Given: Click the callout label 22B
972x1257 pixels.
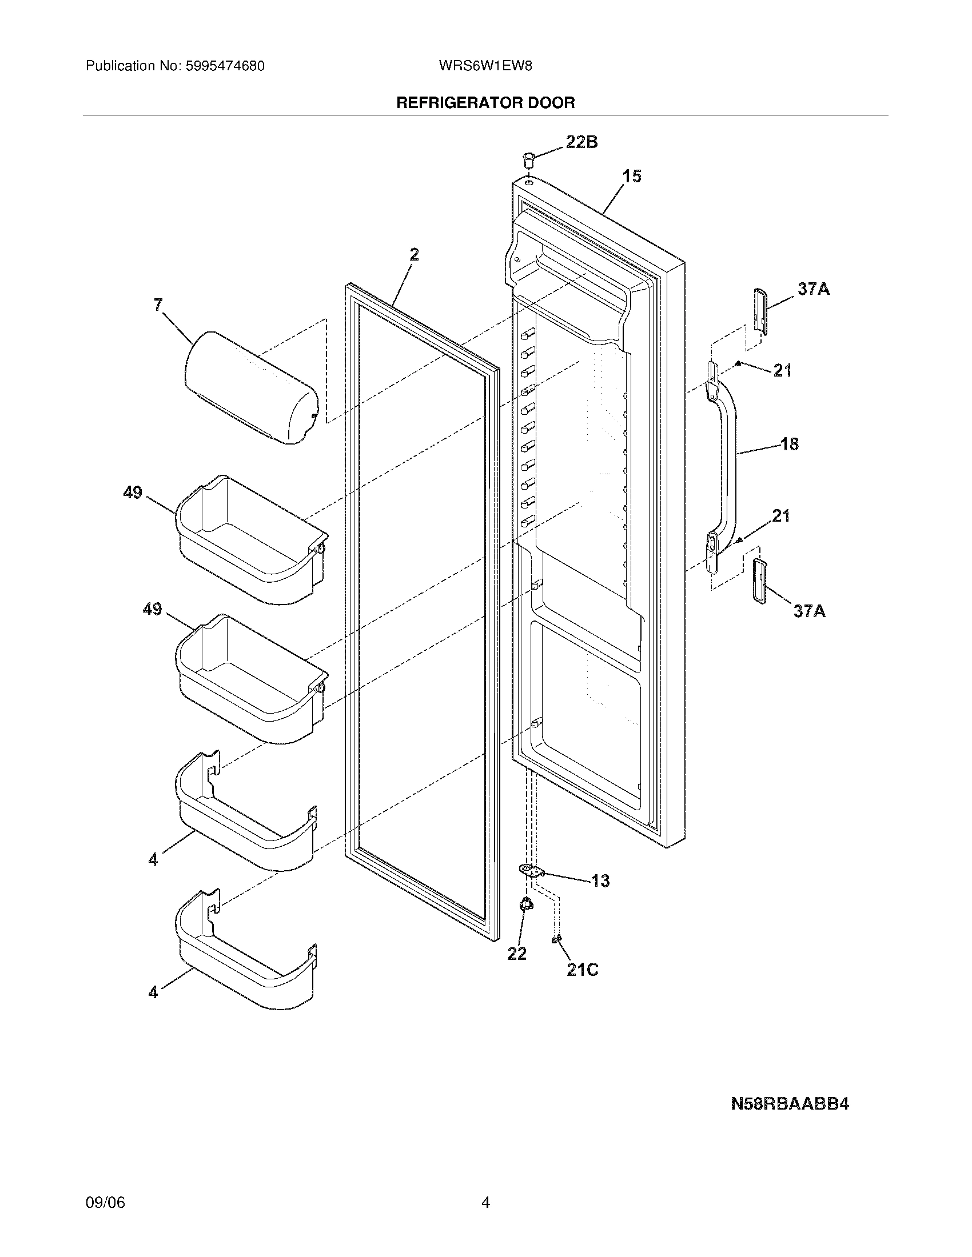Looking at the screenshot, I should point(581,142).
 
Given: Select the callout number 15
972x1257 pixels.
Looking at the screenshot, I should point(632,176).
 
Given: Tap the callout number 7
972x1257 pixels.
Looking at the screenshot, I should point(158,305).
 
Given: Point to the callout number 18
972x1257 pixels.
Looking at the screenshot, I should point(790,444).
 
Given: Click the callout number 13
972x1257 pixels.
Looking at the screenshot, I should point(600,880).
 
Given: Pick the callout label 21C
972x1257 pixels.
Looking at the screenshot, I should point(582,970).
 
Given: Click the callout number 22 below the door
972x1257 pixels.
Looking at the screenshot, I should point(517,954).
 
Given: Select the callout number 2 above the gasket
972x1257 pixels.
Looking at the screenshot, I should point(415,254).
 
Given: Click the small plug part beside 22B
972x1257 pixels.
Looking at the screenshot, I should point(528,158).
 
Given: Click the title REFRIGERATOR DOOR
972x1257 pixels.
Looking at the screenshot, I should point(485,103).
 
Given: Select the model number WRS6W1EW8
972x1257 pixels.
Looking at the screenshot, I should point(485,66).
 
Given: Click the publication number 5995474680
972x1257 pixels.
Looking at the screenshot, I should point(225,66).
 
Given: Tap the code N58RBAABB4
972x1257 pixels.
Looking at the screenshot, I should point(790,1104).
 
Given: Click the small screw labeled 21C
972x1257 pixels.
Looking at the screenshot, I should point(556,939).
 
